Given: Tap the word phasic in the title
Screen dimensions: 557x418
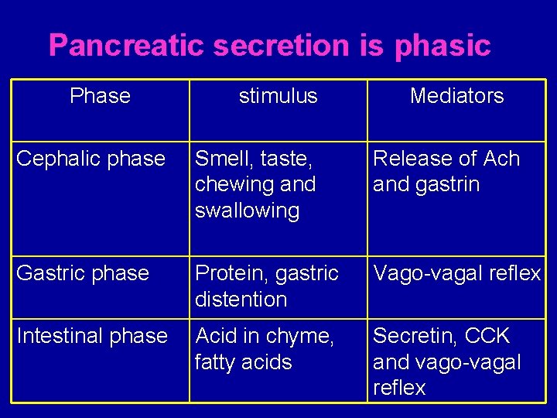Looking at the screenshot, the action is (x=443, y=46).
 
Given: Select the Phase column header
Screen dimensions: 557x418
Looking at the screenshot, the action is (x=100, y=96).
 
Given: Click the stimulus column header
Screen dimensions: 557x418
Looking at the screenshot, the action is (x=278, y=96).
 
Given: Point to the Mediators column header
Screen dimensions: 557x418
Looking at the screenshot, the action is (x=456, y=96).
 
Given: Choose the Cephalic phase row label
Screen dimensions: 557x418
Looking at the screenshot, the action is (x=91, y=159).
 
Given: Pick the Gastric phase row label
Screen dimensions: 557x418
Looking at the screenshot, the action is (x=83, y=273).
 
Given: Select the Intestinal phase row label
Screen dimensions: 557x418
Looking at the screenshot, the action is (x=92, y=336).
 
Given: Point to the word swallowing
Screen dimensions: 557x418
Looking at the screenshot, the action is (x=247, y=211).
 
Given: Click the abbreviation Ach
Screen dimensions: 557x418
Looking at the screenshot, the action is (x=501, y=159).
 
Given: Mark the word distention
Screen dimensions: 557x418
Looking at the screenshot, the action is (x=241, y=300).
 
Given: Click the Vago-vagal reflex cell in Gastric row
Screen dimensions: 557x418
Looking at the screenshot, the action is (x=456, y=273).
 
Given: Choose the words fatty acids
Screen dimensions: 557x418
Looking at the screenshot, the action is (x=243, y=362).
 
